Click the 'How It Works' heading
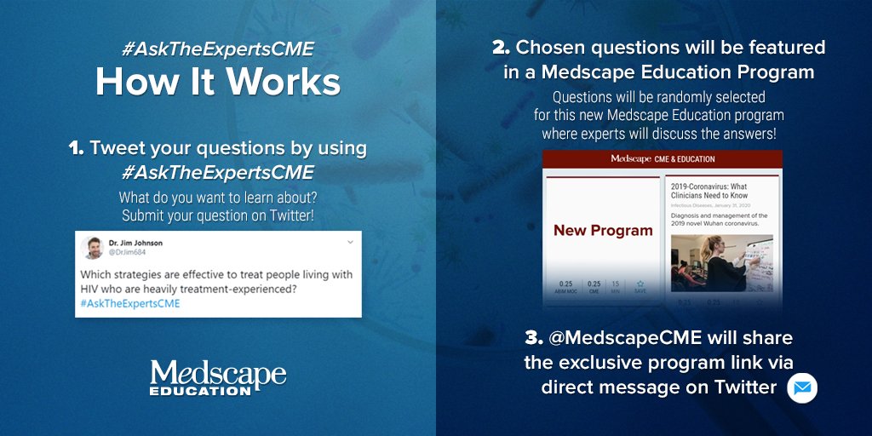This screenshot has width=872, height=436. tap(218, 82)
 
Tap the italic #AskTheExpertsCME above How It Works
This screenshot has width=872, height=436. tap(218, 49)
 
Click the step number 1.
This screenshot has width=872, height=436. tap(76, 148)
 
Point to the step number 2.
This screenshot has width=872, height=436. tap(501, 47)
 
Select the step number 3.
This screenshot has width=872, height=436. tap(534, 338)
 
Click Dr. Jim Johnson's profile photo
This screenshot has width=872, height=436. tap(93, 248)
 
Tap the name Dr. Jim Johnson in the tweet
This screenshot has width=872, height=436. tap(136, 243)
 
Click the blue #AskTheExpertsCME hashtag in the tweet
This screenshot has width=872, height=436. tap(130, 303)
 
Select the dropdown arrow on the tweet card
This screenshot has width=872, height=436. tap(350, 243)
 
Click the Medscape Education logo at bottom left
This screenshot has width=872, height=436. tap(218, 376)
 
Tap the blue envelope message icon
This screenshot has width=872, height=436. tap(801, 387)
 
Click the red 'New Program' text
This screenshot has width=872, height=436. tap(603, 230)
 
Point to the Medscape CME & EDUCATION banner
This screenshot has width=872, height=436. tap(663, 158)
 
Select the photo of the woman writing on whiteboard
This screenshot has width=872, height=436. tap(721, 262)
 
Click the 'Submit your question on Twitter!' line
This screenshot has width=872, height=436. tap(218, 215)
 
